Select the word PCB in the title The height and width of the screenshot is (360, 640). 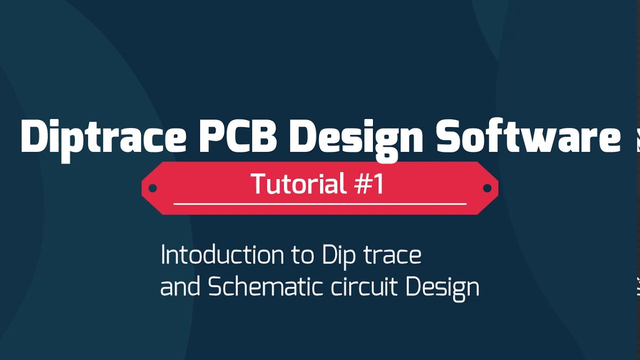coord(237,136)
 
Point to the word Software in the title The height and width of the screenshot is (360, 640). coord(527,136)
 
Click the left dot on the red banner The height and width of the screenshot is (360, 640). coord(153,188)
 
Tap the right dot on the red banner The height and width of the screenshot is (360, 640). coord(487,188)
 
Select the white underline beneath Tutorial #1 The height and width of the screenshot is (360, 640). coord(319,204)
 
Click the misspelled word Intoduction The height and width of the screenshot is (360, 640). coord(223,255)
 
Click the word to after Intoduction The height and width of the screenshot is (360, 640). coord(302,256)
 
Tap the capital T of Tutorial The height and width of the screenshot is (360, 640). coord(259,183)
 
